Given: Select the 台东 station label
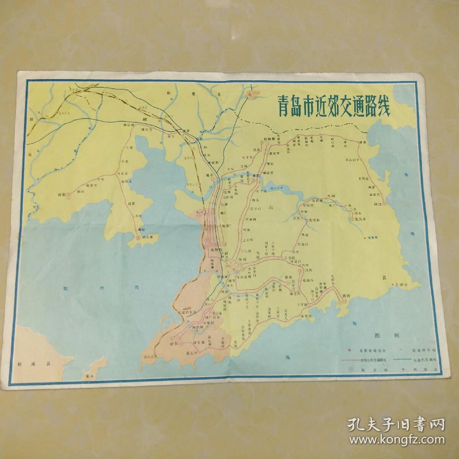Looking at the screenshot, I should [174, 344].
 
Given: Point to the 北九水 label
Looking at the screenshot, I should [360, 219].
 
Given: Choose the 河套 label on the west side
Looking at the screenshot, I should [62, 194].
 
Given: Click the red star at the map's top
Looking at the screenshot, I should [250, 94].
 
